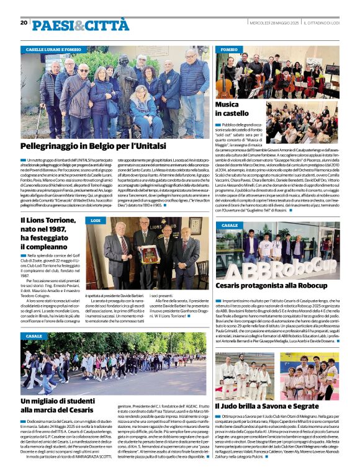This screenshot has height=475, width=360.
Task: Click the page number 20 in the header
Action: (24, 23)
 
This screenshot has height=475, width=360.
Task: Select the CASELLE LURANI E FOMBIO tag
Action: (53, 48)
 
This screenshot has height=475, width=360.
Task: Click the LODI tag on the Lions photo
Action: (96, 221)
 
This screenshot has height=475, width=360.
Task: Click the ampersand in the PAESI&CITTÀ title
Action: (79, 25)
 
